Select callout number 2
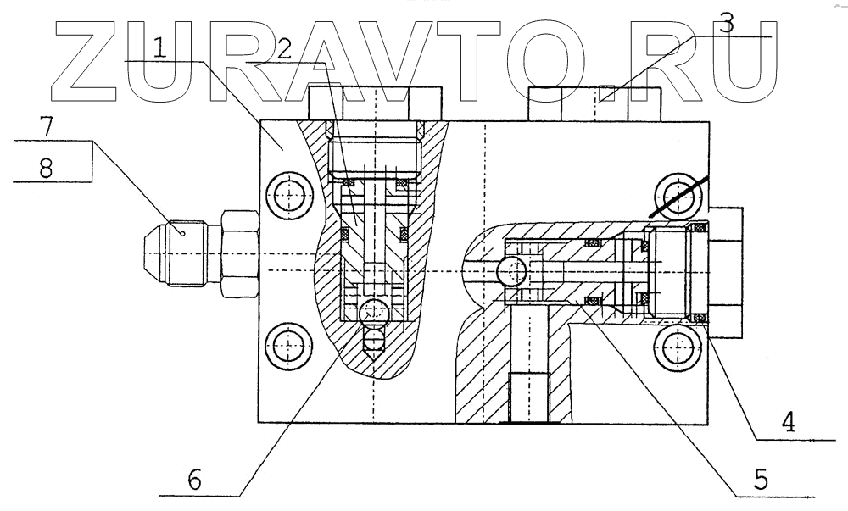(x=284, y=47)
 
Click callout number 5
(x=760, y=480)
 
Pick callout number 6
(x=194, y=480)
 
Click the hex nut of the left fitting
(x=238, y=253)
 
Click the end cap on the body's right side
(x=726, y=271)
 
